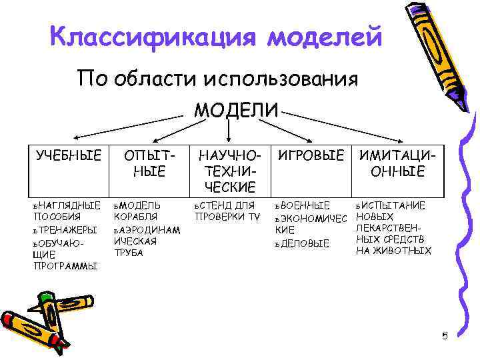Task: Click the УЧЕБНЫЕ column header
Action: [x=69, y=156]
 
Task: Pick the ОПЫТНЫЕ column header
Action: [x=151, y=163]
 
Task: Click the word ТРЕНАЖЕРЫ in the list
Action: [x=69, y=229]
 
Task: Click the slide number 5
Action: [x=445, y=335]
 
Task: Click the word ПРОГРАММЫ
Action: [x=65, y=266]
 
